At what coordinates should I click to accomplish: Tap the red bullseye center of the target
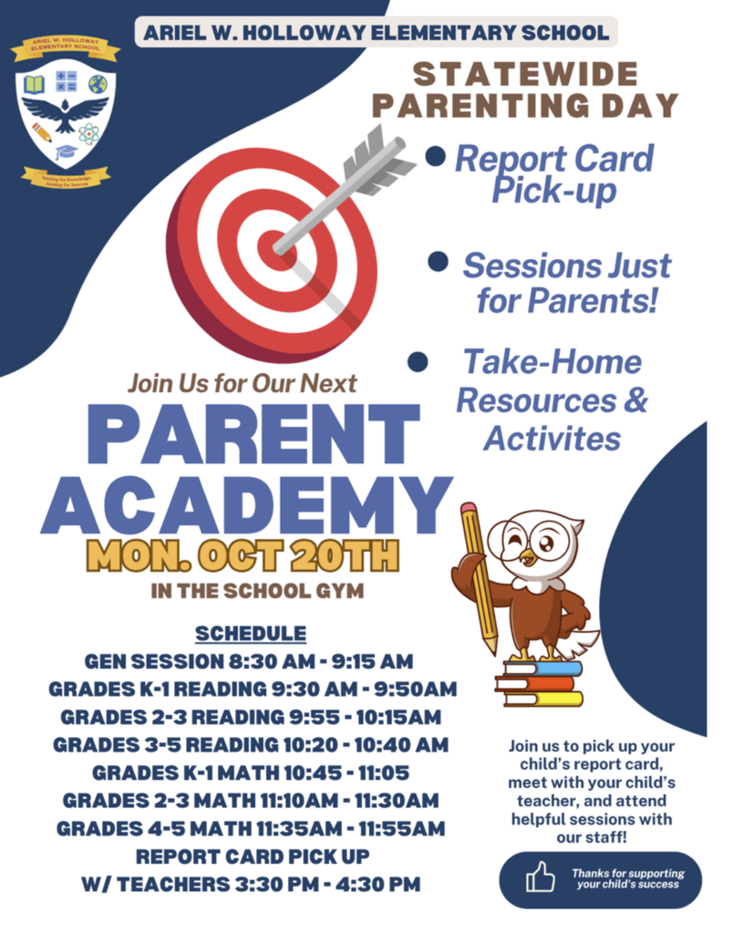pyautogui.click(x=272, y=245)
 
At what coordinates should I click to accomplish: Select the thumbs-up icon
pyautogui.click(x=540, y=877)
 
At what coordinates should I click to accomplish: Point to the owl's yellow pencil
pyautogui.click(x=478, y=575)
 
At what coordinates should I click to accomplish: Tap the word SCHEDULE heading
pyautogui.click(x=251, y=633)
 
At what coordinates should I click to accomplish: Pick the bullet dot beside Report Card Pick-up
pyautogui.click(x=436, y=157)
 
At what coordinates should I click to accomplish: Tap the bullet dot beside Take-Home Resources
pyautogui.click(x=418, y=362)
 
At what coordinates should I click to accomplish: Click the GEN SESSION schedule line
pyautogui.click(x=250, y=660)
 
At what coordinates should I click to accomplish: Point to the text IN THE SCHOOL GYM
pyautogui.click(x=257, y=591)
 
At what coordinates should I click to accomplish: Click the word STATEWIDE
pyautogui.click(x=526, y=75)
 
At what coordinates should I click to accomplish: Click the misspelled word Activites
pyautogui.click(x=552, y=438)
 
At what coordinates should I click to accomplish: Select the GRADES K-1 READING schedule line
pyautogui.click(x=253, y=689)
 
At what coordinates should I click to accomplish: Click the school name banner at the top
pyautogui.click(x=376, y=33)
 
